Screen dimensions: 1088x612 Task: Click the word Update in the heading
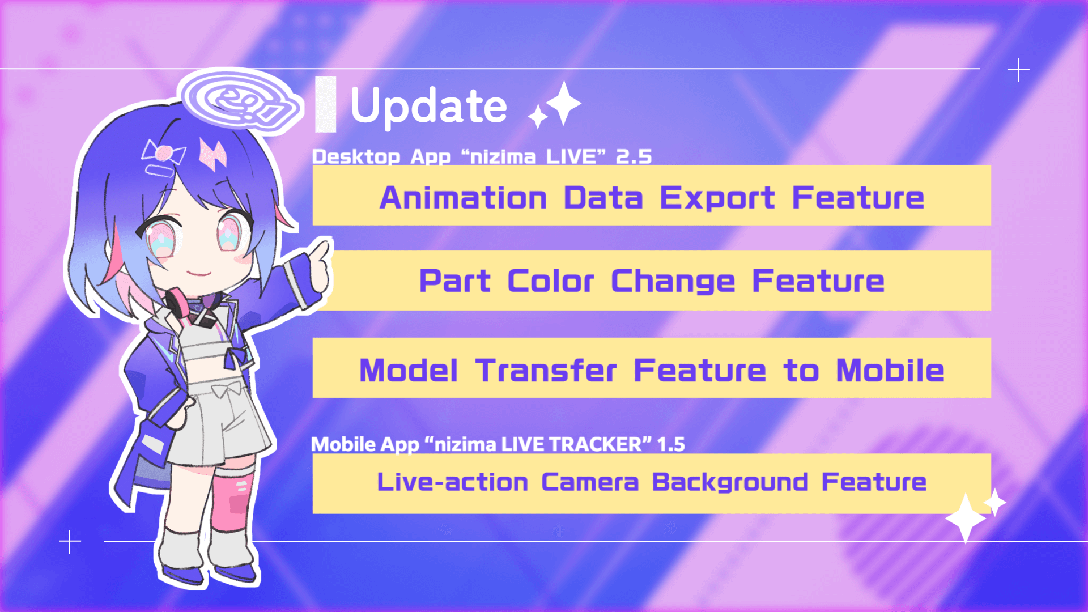point(428,106)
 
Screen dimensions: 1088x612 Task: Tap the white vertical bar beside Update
point(325,105)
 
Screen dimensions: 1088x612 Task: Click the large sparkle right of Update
point(563,103)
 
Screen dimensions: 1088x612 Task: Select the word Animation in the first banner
point(464,198)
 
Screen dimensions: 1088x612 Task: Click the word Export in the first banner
point(717,198)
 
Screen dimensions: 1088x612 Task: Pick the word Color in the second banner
point(550,281)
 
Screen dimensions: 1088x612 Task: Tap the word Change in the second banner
point(673,282)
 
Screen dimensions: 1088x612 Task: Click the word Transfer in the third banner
point(546,371)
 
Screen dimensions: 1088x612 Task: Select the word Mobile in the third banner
point(890,371)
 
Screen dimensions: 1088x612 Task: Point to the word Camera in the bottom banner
point(590,482)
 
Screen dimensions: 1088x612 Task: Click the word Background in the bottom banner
point(730,483)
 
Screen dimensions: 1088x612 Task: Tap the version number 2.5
point(634,156)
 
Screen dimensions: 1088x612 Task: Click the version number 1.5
point(671,444)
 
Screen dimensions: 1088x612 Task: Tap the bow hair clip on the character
point(164,152)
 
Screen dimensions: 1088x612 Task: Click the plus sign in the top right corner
point(1018,70)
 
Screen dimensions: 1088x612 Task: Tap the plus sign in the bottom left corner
point(70,542)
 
